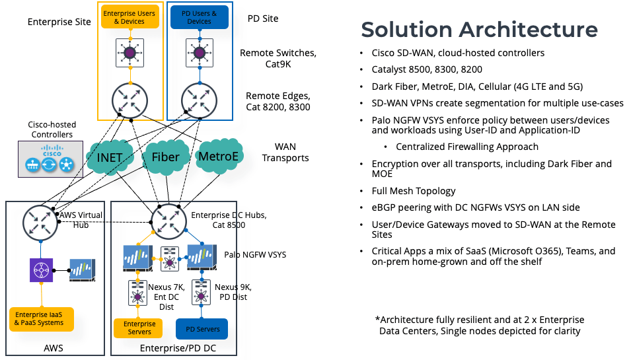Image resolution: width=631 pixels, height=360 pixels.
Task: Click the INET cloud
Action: click(110, 159)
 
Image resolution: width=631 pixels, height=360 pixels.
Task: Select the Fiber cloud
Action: click(165, 157)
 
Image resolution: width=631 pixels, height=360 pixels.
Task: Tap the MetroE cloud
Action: click(219, 157)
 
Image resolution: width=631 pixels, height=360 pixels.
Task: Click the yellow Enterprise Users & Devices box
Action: click(130, 17)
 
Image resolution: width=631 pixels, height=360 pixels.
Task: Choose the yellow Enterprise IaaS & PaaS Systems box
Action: click(40, 319)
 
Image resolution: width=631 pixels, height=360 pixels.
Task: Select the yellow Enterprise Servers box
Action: click(139, 328)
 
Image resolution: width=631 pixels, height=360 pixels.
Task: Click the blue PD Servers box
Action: click(202, 328)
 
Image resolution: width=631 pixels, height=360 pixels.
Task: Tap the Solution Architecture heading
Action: click(479, 30)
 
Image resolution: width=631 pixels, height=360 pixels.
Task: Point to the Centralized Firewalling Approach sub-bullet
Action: click(467, 147)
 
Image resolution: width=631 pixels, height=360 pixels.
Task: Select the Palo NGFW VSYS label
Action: click(255, 255)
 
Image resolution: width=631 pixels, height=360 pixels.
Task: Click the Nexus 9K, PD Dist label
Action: click(233, 291)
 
